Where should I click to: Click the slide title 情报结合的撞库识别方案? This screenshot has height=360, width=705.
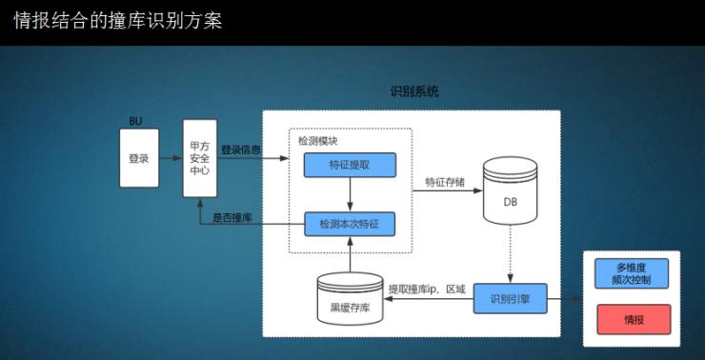point(118,21)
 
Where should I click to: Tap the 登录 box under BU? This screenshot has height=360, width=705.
point(139,158)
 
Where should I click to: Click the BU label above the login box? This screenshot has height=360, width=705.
point(135,122)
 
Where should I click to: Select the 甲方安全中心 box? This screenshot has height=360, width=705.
point(200,158)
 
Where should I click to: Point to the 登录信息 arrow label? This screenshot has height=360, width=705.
point(241,150)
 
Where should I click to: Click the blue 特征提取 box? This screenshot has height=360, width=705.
point(350,165)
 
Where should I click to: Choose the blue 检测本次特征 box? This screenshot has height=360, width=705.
point(350,224)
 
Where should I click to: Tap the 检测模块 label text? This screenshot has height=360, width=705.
point(317,141)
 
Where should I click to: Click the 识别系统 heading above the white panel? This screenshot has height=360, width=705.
point(414,92)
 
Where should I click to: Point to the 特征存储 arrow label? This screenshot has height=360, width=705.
point(445,182)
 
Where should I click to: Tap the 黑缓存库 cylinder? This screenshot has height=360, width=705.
point(351,298)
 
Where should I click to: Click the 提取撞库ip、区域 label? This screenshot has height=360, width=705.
point(427,289)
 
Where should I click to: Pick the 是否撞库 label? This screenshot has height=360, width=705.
point(232,217)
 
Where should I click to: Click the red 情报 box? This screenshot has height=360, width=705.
point(634,319)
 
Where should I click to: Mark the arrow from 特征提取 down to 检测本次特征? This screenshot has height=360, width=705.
point(350,194)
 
